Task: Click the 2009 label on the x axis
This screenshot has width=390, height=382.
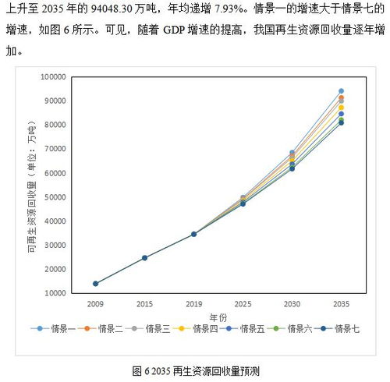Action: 95,303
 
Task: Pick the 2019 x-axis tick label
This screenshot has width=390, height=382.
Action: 193,303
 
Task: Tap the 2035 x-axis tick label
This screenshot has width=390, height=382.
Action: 341,303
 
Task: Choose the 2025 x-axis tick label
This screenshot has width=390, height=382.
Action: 243,303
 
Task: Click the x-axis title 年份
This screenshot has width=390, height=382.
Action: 218,317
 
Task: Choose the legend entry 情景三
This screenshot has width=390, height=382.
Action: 155,329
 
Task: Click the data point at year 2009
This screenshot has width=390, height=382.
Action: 95,284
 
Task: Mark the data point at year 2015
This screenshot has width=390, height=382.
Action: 144,257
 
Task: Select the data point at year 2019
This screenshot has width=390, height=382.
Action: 193,234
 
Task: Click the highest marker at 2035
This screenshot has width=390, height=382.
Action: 341,91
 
